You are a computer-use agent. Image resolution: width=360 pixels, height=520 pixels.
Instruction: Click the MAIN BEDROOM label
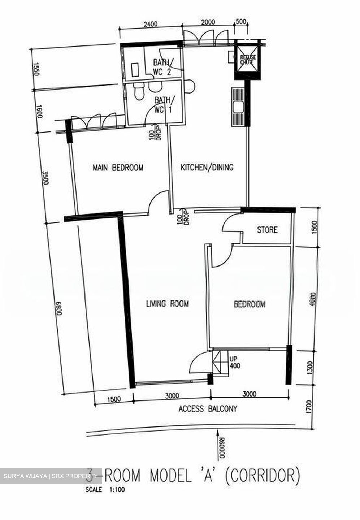click(x=118, y=168)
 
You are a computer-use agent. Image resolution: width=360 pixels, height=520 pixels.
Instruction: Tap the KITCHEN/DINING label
click(x=207, y=167)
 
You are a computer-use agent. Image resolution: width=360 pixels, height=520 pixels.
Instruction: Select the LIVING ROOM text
click(x=167, y=304)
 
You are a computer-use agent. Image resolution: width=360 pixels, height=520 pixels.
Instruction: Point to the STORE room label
click(x=267, y=230)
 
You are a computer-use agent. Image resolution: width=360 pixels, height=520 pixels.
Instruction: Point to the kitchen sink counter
click(x=238, y=107)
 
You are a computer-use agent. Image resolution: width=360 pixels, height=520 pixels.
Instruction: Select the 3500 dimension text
click(x=45, y=178)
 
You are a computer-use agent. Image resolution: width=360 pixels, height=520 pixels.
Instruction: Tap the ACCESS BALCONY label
click(x=208, y=409)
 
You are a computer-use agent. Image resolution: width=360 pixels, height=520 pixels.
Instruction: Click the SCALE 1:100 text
click(x=105, y=490)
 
